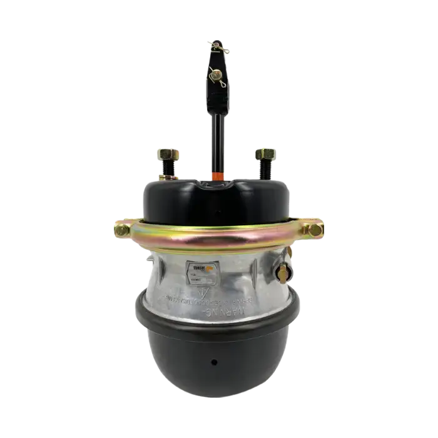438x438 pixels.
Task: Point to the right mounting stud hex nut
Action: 265,153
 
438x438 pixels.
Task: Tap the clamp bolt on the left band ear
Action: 121,230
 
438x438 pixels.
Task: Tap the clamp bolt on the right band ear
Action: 311,230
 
